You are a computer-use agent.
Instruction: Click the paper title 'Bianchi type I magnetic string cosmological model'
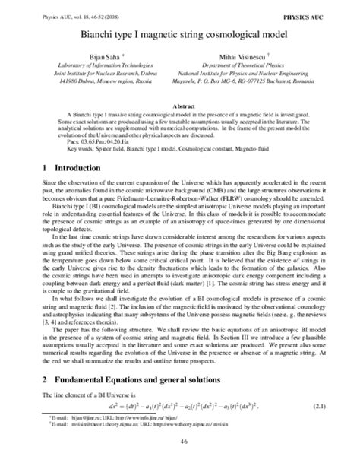(179, 35)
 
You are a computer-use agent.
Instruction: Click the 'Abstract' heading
(179, 106)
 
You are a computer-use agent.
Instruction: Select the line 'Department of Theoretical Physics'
(255, 68)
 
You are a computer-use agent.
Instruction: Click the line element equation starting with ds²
(181, 406)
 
